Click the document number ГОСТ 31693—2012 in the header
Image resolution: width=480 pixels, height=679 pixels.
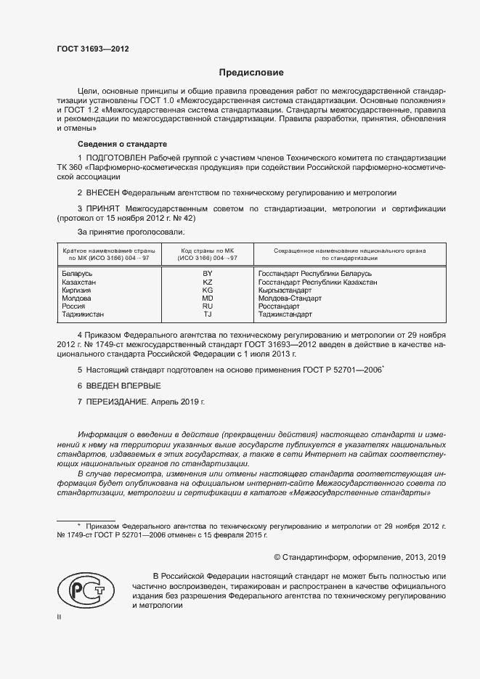point(93,49)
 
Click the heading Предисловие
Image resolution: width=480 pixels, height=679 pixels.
point(251,73)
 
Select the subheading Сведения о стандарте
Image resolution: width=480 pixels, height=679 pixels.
point(122,144)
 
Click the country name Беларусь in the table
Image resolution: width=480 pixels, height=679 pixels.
point(78,272)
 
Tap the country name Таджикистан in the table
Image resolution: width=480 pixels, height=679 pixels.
point(84,314)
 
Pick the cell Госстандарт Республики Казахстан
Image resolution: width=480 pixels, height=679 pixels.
point(318,281)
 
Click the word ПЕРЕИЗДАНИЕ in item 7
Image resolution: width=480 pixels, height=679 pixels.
point(121,401)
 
